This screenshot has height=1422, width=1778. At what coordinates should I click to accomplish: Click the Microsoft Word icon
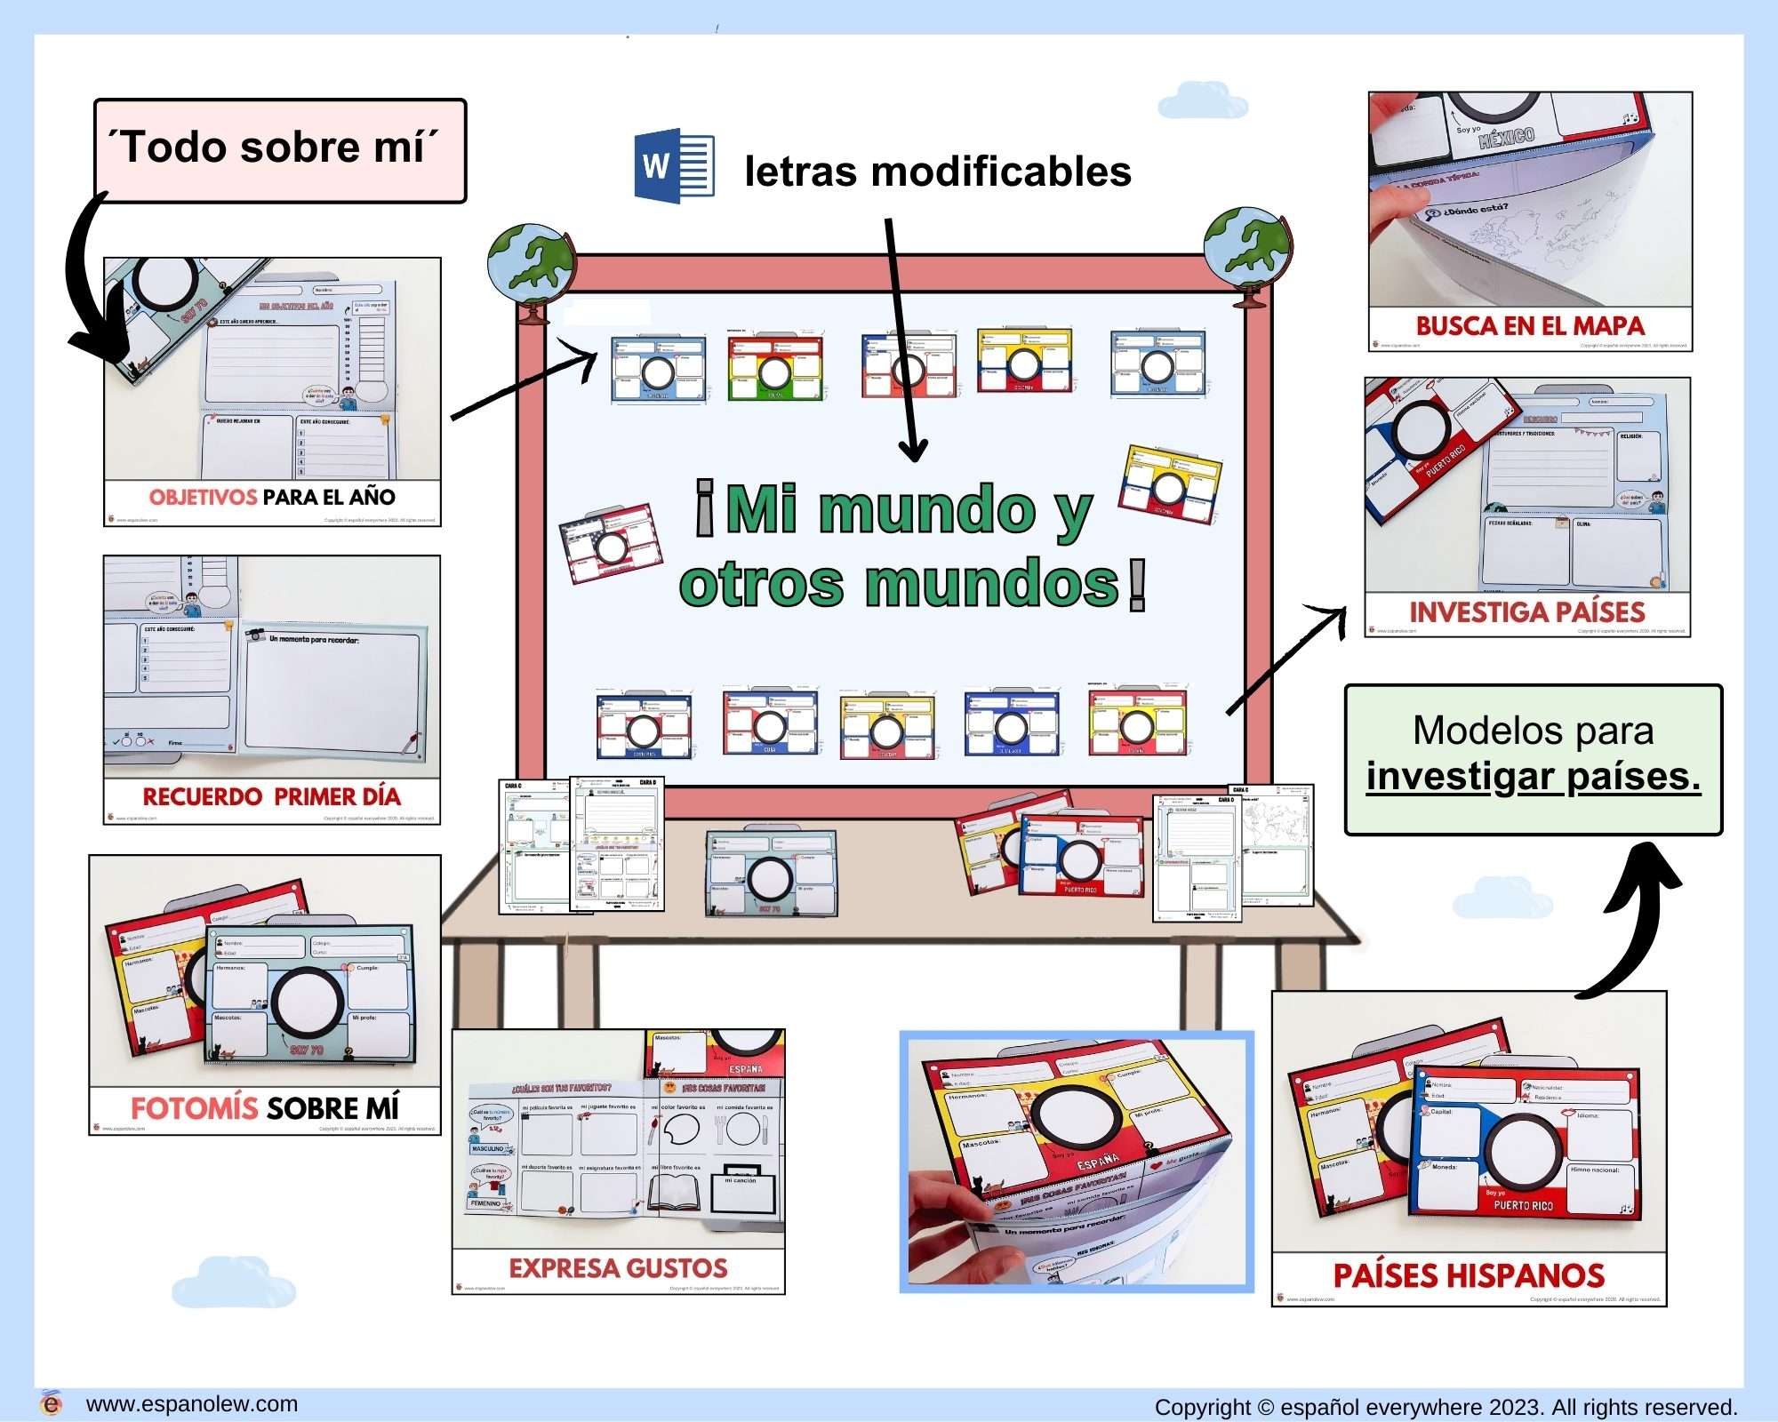(x=674, y=166)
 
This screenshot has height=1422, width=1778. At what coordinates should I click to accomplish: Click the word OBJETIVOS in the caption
(x=203, y=497)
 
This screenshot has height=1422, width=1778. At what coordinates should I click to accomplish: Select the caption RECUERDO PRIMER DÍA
(x=271, y=796)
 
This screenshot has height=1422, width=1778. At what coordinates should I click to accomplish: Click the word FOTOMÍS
(x=194, y=1108)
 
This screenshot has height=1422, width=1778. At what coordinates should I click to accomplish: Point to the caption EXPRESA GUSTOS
(x=618, y=1268)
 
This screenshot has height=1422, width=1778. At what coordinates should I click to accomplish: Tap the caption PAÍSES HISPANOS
(x=1469, y=1276)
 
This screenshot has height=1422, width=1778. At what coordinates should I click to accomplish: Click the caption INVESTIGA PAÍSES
(x=1526, y=612)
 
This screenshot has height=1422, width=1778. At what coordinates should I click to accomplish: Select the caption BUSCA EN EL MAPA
(x=1529, y=326)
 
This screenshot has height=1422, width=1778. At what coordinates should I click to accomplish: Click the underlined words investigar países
(x=1533, y=777)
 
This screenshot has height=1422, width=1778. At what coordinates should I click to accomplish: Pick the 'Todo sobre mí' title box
(x=280, y=149)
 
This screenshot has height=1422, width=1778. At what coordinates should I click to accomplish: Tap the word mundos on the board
(x=991, y=584)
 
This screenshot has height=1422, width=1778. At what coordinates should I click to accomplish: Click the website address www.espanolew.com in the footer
(x=191, y=1404)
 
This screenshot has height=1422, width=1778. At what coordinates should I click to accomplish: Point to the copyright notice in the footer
(x=1445, y=1407)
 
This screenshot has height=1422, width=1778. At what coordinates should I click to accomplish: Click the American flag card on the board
(x=611, y=543)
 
